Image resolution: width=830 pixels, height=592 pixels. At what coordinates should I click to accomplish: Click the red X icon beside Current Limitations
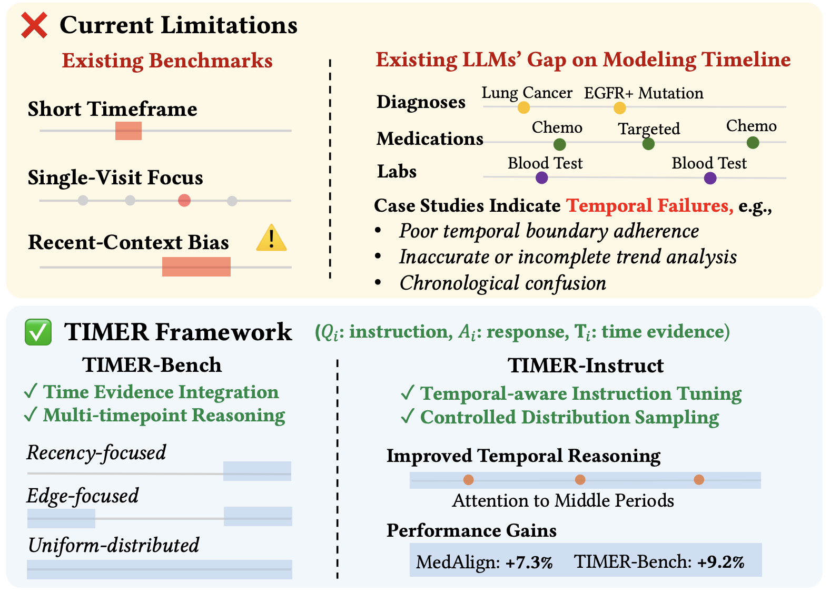coord(34,25)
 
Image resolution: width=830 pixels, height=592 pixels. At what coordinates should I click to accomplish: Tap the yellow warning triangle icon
coord(271,238)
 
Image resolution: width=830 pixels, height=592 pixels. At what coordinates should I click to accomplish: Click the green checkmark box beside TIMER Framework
coord(38,332)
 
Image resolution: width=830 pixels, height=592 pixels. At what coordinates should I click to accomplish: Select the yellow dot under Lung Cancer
coord(523,107)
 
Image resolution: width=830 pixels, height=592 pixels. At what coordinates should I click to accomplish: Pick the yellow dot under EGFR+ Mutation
coord(619,108)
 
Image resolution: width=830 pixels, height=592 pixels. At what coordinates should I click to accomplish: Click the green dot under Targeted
coord(648,144)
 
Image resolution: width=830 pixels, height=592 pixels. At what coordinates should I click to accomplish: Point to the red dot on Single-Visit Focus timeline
coord(184,201)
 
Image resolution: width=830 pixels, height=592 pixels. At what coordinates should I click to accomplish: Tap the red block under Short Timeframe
coord(128,131)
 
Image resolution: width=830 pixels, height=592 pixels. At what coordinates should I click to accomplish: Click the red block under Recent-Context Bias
coord(196,267)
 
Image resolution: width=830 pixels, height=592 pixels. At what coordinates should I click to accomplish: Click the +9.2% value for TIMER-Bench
coord(720,561)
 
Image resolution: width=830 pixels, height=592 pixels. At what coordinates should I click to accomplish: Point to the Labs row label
coord(397,172)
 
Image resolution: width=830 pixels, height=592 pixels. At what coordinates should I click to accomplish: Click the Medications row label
coord(430,139)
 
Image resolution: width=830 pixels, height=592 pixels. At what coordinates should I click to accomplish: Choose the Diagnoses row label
coord(421,102)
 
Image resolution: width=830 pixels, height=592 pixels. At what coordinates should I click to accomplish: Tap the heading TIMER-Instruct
coord(586,366)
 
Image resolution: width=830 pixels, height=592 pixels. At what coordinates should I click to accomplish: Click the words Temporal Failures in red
coord(649,205)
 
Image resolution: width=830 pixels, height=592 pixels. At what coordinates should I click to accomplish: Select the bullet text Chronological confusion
coord(503,283)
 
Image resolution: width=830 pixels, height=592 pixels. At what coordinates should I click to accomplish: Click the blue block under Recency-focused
coord(257,471)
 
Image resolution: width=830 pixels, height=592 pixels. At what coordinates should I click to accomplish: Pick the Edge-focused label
coord(83,496)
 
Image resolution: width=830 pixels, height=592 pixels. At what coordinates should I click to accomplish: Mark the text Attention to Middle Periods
coord(563,500)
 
